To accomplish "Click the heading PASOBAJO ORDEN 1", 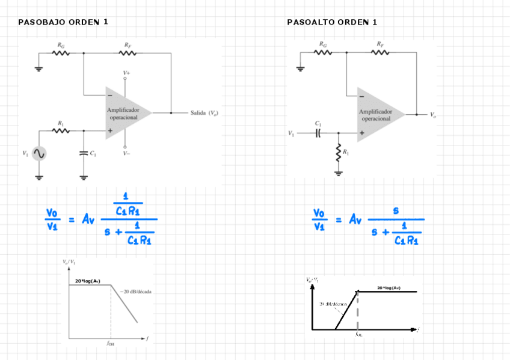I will click(63, 22).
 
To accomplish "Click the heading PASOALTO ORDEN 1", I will click(332, 22).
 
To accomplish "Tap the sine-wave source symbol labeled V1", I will click(39, 154).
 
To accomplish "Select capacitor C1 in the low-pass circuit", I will click(84, 153).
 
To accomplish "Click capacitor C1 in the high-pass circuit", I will click(318, 133).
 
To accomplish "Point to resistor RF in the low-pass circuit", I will click(127, 53).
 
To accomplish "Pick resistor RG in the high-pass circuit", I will click(324, 52).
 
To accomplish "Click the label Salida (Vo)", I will click(204, 113).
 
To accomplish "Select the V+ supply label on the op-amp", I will click(126, 73).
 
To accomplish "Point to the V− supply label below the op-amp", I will click(126, 153).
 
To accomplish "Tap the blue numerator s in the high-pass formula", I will click(396, 210).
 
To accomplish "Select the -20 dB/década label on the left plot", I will click(135, 291).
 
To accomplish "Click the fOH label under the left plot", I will click(111, 344).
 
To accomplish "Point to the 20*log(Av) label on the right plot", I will click(389, 288).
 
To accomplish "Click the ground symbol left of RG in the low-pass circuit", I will click(39, 68).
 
